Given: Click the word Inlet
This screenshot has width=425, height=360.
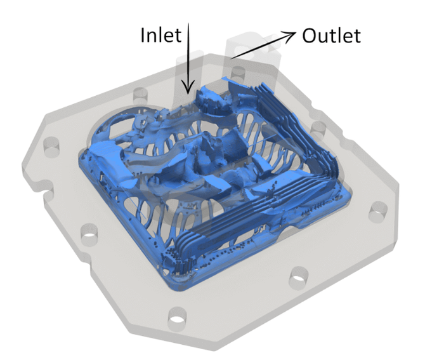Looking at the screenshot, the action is (x=161, y=36).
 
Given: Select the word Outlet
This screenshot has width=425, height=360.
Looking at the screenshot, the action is (x=331, y=36).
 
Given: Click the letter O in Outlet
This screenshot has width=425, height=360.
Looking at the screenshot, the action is (x=309, y=36).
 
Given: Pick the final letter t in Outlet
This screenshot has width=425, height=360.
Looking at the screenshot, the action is (x=357, y=36).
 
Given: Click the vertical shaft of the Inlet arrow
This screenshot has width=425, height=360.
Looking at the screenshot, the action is (x=188, y=54).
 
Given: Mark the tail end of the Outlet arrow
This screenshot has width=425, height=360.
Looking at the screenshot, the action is (x=231, y=58).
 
